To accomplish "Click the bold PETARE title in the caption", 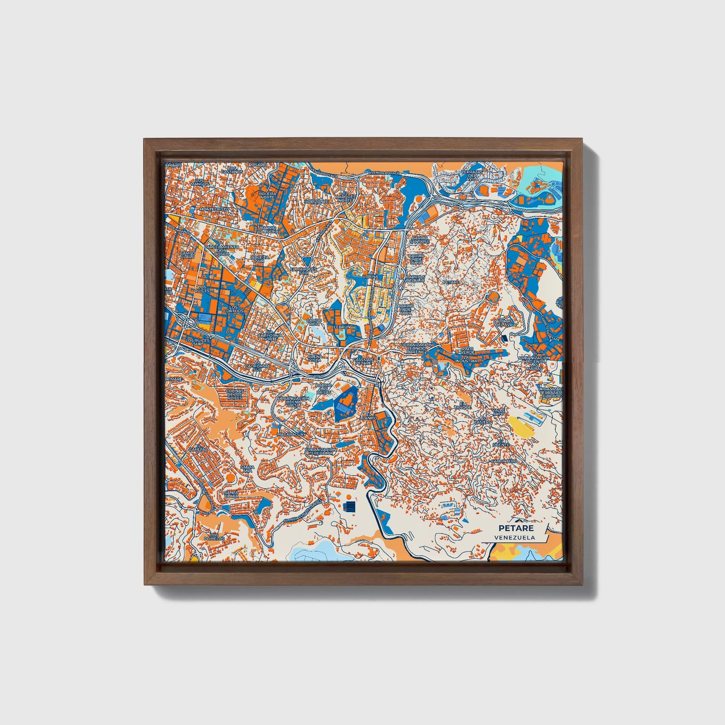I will tap(516, 528).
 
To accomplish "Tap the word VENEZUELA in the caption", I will tap(514, 537).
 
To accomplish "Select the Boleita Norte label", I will tap(267, 195).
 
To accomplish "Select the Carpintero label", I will tap(503, 460).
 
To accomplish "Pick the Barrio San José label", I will tap(419, 240).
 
